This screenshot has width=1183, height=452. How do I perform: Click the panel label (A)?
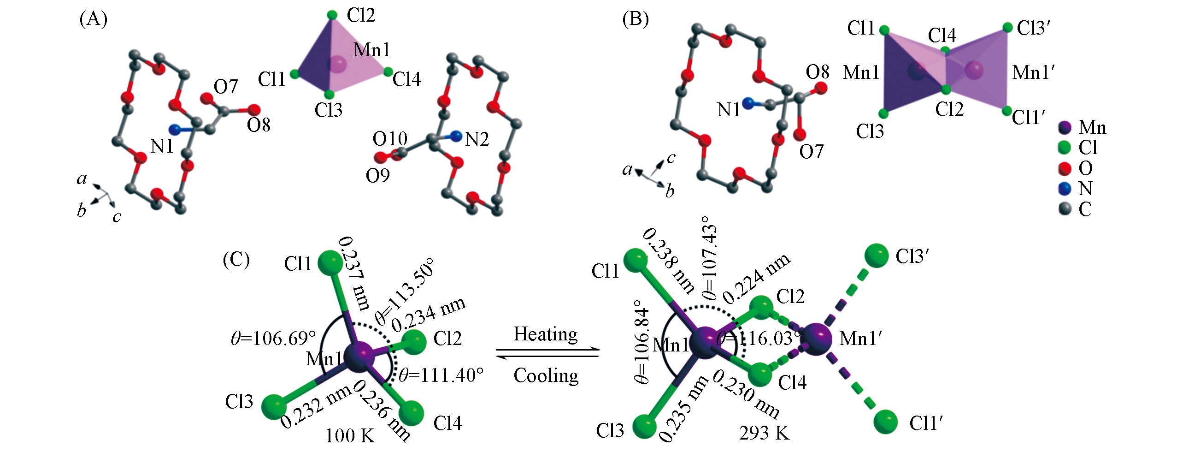tap(93, 19)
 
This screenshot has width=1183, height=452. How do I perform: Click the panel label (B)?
tap(635, 19)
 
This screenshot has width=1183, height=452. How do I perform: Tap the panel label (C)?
tap(236, 260)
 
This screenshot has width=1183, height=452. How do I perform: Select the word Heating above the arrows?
tap(546, 334)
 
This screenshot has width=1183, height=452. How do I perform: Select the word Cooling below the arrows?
tap(546, 375)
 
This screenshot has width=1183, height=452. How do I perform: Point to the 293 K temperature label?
tap(764, 433)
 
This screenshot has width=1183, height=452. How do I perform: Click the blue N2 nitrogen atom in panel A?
tap(456, 136)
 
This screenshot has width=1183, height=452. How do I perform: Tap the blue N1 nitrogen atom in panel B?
tap(748, 103)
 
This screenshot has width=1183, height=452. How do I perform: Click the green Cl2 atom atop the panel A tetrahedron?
tap(332, 15)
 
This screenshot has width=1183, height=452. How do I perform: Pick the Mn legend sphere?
tap(1065, 128)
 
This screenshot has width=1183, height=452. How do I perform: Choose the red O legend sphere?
tap(1065, 168)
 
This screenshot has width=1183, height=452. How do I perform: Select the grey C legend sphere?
tap(1065, 209)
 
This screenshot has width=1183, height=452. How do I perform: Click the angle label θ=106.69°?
tap(273, 339)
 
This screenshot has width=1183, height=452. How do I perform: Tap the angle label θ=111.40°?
tap(441, 375)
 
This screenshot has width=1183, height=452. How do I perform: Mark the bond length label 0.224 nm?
tap(756, 279)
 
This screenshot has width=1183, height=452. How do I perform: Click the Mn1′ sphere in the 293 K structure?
tap(816, 339)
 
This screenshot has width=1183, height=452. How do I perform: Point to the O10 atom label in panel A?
tap(390, 139)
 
